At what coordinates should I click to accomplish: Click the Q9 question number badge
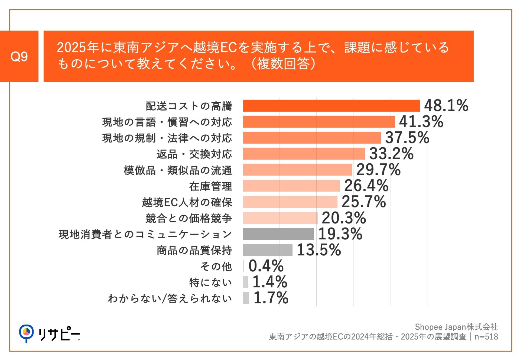(19, 56)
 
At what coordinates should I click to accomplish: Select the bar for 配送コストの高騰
(331, 106)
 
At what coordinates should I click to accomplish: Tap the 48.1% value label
(446, 105)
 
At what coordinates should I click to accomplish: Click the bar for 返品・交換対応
(304, 154)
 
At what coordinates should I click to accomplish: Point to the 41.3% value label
(421, 121)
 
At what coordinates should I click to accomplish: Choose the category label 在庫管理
(210, 186)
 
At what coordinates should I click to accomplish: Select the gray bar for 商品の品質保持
(268, 250)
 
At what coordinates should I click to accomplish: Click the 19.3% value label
(340, 234)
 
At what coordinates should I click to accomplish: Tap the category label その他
(216, 266)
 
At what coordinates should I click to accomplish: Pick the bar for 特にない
(245, 282)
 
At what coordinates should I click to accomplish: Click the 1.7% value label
(271, 298)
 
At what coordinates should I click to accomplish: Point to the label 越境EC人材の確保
(187, 202)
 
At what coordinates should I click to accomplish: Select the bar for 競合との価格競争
(280, 218)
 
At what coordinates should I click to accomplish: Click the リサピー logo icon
(26, 333)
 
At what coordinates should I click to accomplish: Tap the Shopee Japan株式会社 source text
(456, 327)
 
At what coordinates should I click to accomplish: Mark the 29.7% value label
(378, 170)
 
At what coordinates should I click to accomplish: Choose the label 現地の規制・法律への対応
(167, 138)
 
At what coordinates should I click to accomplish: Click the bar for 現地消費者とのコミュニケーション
(278, 234)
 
